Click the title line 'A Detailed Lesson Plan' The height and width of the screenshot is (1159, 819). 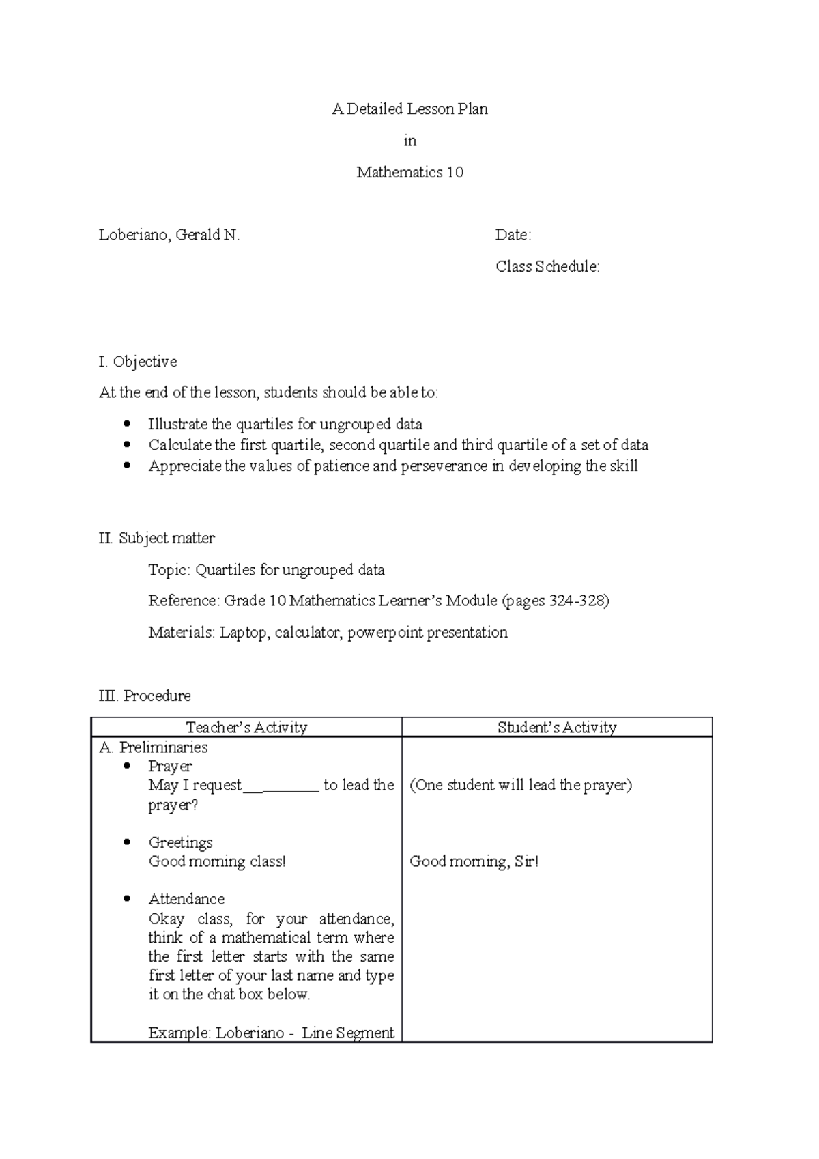409,109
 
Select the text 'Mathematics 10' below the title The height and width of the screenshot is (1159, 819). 409,173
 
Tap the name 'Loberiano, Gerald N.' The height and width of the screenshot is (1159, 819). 169,235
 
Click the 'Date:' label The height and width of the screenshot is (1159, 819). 513,235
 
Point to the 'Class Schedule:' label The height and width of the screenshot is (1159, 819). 547,267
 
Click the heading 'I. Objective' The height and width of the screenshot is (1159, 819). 138,362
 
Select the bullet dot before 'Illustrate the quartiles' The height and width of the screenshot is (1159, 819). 126,424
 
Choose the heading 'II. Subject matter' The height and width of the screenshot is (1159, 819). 157,539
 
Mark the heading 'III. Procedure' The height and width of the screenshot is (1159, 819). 145,696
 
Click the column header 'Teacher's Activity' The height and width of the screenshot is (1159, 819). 246,728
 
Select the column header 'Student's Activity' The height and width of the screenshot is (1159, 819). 557,728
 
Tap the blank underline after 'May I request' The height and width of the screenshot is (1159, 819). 281,786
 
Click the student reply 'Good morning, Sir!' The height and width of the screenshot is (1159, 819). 474,862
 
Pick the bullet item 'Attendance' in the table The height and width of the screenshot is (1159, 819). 186,900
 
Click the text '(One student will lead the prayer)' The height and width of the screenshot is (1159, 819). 521,786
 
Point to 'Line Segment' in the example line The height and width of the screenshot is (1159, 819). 347,1033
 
